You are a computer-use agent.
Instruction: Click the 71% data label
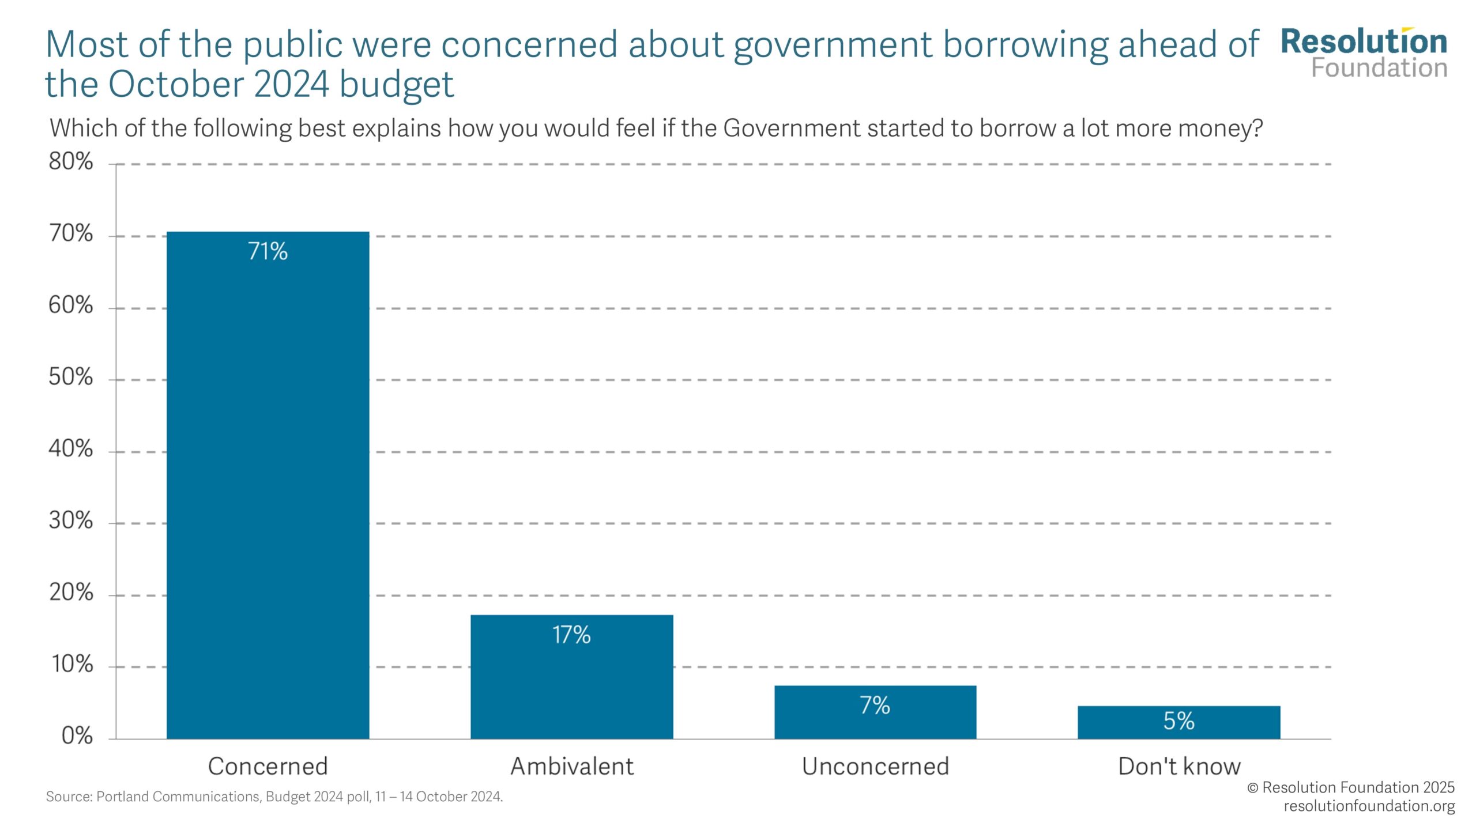tap(268, 251)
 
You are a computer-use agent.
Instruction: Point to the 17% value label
tap(571, 635)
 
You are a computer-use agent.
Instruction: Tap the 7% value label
tap(875, 705)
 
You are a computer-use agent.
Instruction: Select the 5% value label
tap(1178, 721)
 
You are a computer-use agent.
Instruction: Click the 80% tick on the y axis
tap(70, 162)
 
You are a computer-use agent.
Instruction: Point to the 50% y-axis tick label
tap(70, 378)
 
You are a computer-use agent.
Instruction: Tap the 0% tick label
tap(77, 736)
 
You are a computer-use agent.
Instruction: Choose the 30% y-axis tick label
tap(70, 521)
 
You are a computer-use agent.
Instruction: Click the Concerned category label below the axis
tap(268, 767)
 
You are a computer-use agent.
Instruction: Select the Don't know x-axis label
tap(1178, 767)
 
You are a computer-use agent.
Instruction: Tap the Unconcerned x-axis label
tap(875, 767)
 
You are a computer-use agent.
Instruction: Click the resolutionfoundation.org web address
tap(1369, 806)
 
